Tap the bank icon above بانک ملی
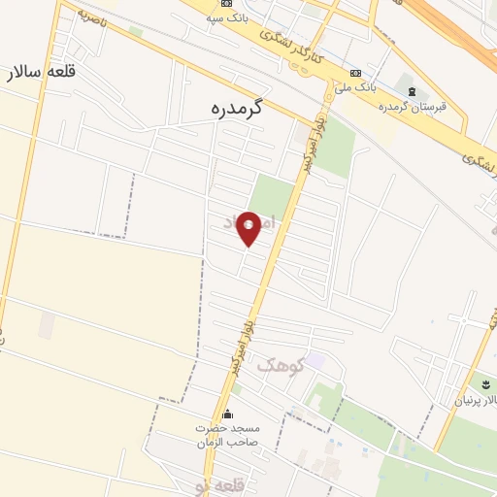[x=356, y=72]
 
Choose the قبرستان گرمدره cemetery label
[x=424, y=107]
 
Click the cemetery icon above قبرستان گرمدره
[x=414, y=92]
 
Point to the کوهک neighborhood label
[x=282, y=365]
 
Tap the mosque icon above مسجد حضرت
[x=227, y=414]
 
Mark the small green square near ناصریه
[x=135, y=32]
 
